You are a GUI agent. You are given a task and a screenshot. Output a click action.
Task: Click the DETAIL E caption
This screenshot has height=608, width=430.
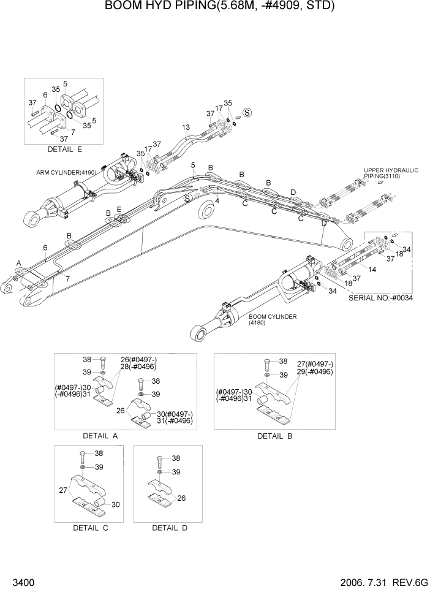64,149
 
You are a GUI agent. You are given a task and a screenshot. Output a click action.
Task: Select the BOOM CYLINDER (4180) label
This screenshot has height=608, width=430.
273,319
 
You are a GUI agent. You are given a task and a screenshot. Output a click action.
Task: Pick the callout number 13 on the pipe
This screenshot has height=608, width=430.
186,127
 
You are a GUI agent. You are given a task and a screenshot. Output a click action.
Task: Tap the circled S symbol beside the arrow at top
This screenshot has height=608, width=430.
247,112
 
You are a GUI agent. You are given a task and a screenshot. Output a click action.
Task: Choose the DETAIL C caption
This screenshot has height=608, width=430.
90,528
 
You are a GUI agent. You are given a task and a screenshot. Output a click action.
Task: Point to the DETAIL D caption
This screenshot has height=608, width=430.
169,528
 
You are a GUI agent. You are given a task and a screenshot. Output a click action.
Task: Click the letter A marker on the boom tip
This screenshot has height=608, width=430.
19,263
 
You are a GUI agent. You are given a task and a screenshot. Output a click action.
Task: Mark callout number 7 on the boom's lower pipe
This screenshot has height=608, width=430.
67,279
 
